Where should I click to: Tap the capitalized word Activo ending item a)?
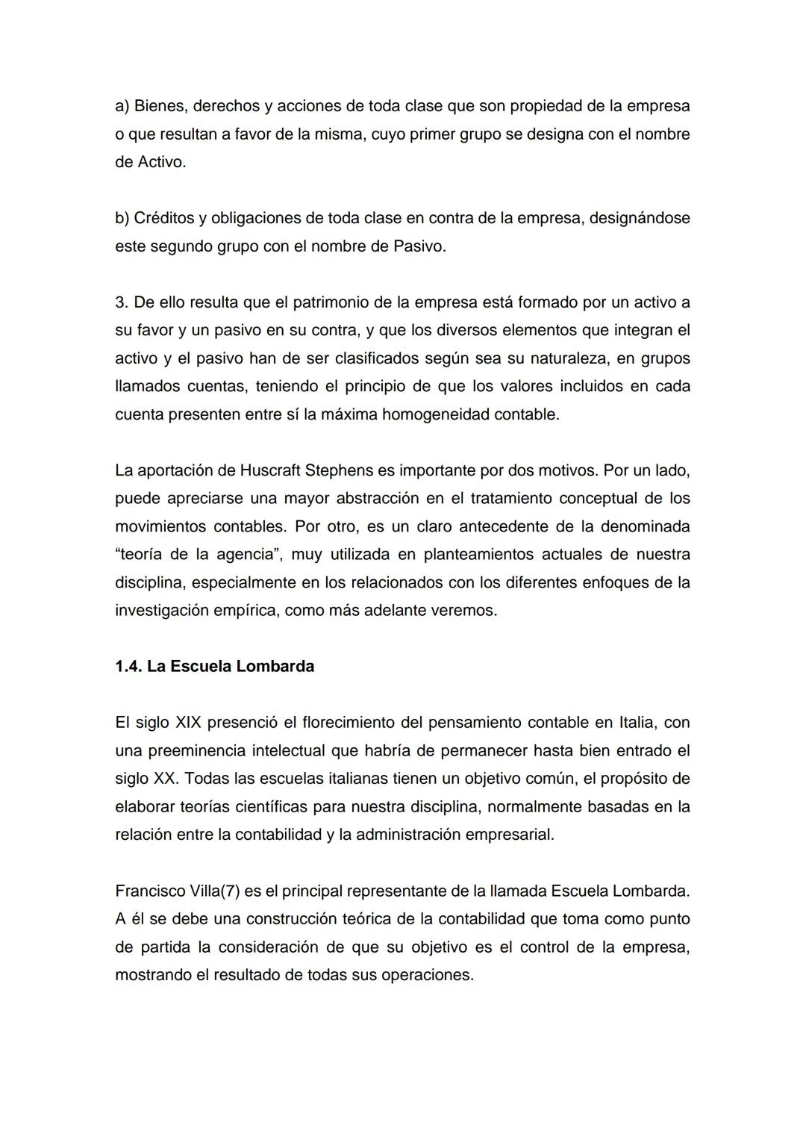pos(161,162)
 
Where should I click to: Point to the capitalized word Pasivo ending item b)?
pos(419,246)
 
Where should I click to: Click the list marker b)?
pos(122,218)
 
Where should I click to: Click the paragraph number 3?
pos(121,302)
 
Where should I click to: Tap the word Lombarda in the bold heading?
pos(275,667)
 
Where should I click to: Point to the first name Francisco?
pos(151,891)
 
